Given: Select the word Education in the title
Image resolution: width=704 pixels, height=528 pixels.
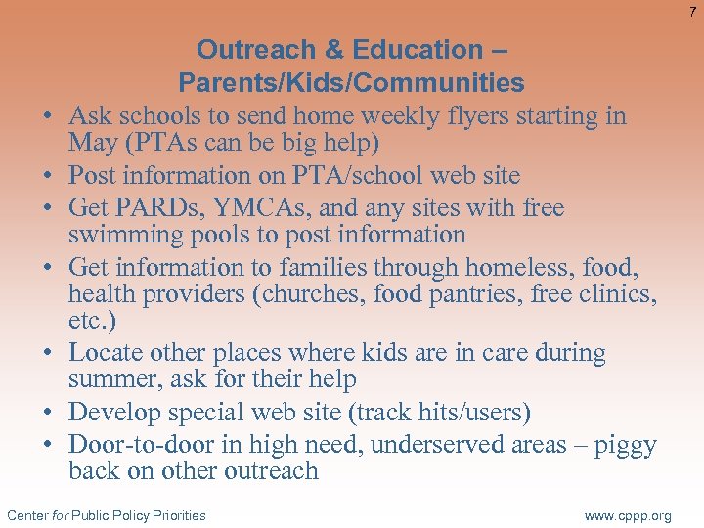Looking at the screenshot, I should [x=418, y=50].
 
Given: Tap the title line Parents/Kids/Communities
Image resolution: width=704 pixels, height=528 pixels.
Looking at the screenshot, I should [x=351, y=83].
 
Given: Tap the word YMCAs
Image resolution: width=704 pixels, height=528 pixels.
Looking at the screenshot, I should [x=271, y=207].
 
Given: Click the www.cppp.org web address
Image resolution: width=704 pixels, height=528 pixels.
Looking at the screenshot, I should [x=627, y=515].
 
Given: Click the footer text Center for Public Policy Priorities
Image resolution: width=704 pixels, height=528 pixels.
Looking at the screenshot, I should [x=107, y=515].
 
